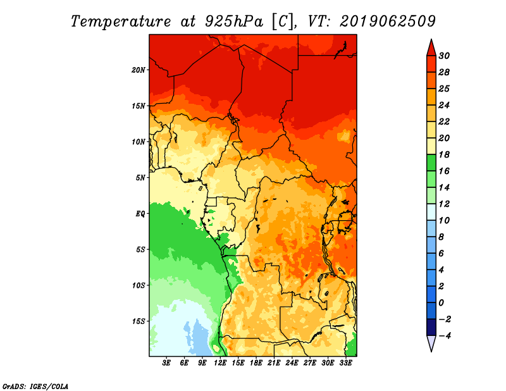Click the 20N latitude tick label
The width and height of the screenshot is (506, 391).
click(x=139, y=70)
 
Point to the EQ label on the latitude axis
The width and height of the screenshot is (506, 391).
click(x=140, y=214)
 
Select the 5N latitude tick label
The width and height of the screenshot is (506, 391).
click(x=140, y=178)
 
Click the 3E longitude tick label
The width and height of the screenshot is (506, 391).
click(x=166, y=363)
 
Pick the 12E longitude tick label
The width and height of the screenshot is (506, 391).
click(x=220, y=363)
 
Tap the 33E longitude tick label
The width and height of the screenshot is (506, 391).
click(x=345, y=363)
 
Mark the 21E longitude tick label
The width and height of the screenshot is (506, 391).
click(x=274, y=363)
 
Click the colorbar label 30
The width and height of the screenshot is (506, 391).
click(x=444, y=56)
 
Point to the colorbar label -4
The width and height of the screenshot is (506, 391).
click(x=445, y=336)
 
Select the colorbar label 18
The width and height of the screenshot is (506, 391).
click(x=444, y=154)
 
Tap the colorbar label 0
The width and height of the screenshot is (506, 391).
click(x=441, y=303)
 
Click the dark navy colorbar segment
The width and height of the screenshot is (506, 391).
click(x=431, y=327)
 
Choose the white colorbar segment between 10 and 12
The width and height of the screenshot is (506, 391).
click(x=431, y=212)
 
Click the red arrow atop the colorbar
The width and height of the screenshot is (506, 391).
click(x=431, y=48)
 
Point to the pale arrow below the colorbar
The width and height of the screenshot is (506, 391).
click(x=431, y=344)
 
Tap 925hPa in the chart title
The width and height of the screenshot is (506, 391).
click(x=234, y=22)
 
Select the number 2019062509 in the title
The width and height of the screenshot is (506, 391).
click(x=388, y=22)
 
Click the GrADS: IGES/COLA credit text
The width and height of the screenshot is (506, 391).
click(x=35, y=386)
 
